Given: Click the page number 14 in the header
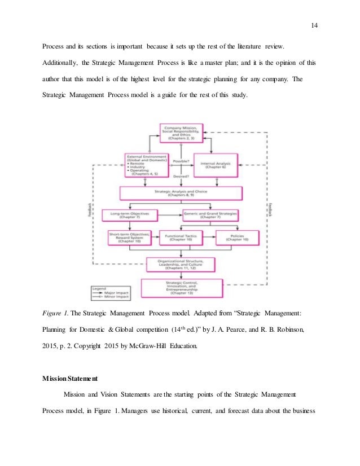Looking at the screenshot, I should click(x=314, y=24).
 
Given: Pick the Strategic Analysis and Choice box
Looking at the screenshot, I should click(x=181, y=194).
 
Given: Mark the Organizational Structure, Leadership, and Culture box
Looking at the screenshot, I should click(x=181, y=264).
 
